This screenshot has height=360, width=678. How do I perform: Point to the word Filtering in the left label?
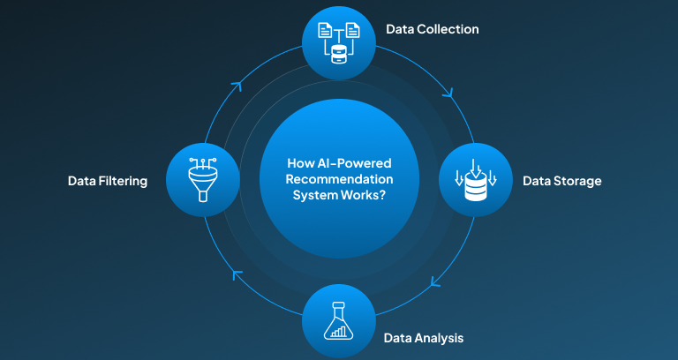[x=122, y=181]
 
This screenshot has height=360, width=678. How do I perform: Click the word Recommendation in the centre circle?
[x=339, y=179]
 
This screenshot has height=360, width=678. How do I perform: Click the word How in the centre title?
[x=301, y=163]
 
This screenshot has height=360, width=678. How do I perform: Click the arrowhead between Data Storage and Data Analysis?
[x=436, y=283]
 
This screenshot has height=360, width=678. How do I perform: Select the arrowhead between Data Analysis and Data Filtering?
[x=237, y=274]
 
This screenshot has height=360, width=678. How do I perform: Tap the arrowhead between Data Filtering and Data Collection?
[x=237, y=86]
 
